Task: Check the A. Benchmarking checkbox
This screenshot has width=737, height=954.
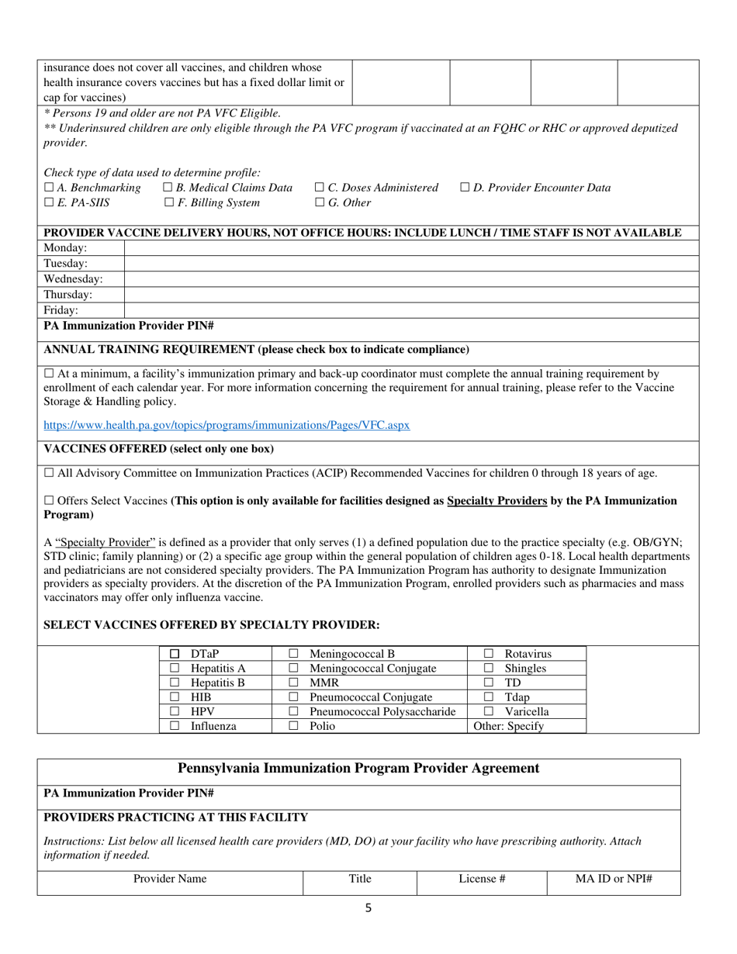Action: click(x=49, y=188)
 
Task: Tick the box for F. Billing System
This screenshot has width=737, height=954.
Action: click(x=170, y=203)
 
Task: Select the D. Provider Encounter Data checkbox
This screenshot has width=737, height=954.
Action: click(x=465, y=188)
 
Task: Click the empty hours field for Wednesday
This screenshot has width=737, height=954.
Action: click(x=411, y=279)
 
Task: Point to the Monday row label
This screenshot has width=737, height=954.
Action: click(x=65, y=248)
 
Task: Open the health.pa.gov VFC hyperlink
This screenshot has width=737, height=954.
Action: click(x=227, y=425)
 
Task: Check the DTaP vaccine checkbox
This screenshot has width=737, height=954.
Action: click(x=175, y=654)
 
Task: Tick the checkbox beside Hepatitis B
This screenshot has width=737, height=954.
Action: click(x=175, y=683)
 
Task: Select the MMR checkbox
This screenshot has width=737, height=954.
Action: click(x=294, y=683)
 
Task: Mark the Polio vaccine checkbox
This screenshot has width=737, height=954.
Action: click(x=294, y=726)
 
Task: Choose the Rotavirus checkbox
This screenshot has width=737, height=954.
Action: click(x=489, y=654)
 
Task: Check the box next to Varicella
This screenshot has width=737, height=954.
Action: click(x=489, y=711)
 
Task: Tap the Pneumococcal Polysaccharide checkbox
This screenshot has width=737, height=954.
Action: click(x=294, y=711)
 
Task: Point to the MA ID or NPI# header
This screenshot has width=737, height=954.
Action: click(x=613, y=879)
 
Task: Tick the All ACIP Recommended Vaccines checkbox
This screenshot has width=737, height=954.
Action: click(x=49, y=472)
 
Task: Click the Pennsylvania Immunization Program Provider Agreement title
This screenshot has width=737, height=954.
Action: click(x=358, y=769)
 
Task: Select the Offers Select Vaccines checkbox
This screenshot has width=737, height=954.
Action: click(x=49, y=501)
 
